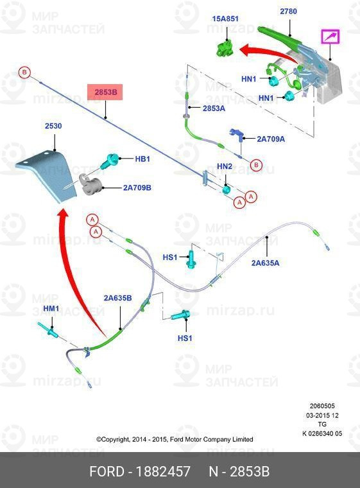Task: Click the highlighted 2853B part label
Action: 105,92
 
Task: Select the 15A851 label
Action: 225,19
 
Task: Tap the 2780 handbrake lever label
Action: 288,11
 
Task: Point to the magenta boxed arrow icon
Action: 330,37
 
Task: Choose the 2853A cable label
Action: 214,109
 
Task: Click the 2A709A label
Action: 271,139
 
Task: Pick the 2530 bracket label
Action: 53,126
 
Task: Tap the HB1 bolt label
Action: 142,159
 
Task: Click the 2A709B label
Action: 137,187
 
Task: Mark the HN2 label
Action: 225,166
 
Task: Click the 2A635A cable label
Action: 266,263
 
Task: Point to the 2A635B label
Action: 117,298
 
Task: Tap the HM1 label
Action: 51,308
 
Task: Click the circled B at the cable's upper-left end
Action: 24,73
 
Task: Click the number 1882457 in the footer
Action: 164,471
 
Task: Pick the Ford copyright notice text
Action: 175,439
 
